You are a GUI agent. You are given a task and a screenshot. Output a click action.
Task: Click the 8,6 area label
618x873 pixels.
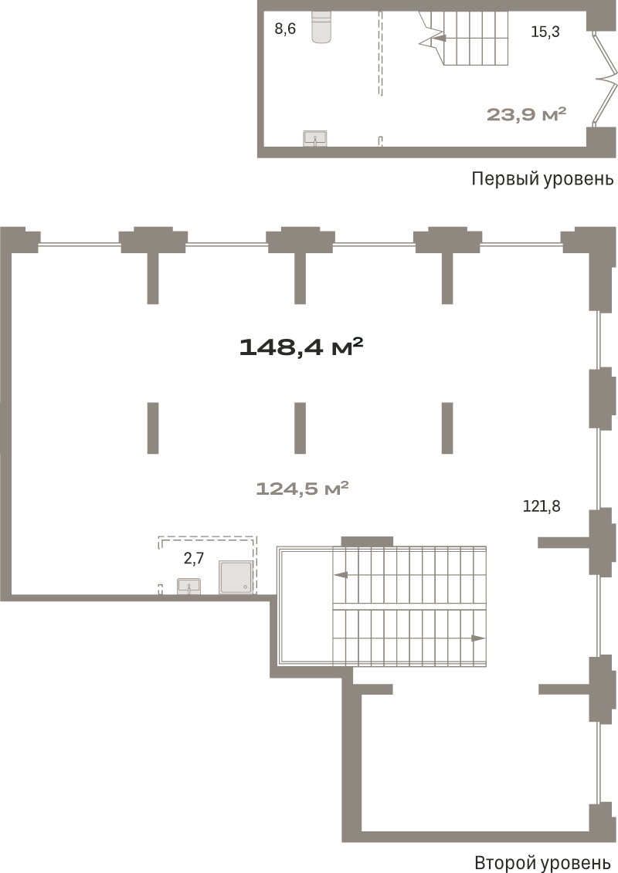[285, 29]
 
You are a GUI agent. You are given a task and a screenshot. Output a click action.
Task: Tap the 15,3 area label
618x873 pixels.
[545, 32]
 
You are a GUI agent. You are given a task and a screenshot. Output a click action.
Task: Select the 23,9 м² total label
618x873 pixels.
[527, 115]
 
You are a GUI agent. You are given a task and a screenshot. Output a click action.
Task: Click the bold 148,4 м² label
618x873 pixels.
[301, 347]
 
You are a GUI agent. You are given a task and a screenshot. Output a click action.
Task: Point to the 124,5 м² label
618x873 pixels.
[303, 489]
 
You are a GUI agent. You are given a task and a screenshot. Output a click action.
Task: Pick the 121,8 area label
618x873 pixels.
[541, 506]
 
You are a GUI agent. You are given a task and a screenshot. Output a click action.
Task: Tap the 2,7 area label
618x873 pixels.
[193, 558]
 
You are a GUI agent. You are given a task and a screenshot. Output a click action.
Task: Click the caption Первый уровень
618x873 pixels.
[542, 179]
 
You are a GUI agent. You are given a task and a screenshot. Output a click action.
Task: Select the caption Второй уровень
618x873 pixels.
[542, 862]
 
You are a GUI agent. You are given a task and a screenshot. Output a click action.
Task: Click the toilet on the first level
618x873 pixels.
[321, 27]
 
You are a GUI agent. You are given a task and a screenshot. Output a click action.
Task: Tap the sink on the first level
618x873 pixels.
[315, 139]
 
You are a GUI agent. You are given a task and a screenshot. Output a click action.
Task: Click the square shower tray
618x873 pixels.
[236, 577]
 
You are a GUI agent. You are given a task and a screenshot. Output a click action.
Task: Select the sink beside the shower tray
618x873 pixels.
[189, 587]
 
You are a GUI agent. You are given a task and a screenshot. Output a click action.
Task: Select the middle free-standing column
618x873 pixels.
[300, 428]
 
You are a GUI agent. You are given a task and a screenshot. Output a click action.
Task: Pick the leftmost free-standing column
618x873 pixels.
[153, 428]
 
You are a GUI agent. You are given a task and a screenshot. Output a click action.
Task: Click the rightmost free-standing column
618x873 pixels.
[447, 428]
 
